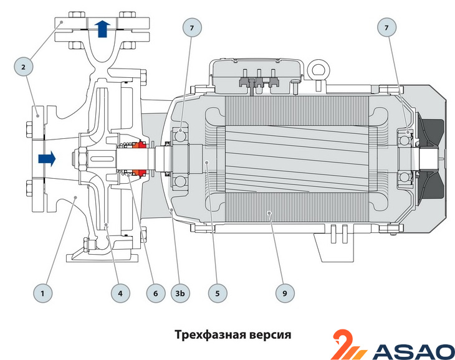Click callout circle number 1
click(x=42, y=292)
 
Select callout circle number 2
click(x=23, y=66)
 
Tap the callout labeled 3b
click(x=180, y=292)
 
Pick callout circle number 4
click(x=120, y=292)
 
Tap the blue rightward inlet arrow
click(x=46, y=158)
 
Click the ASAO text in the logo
click(x=413, y=351)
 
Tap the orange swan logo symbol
click(x=348, y=344)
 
